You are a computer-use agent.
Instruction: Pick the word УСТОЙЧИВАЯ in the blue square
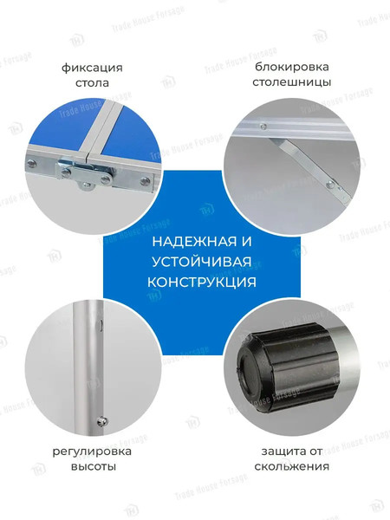point(200,263)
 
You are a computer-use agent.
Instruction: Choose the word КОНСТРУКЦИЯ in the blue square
point(200,283)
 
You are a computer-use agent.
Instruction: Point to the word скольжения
point(292,467)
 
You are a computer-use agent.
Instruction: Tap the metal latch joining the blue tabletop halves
point(83,172)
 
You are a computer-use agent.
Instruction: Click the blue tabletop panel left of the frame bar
point(61,130)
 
